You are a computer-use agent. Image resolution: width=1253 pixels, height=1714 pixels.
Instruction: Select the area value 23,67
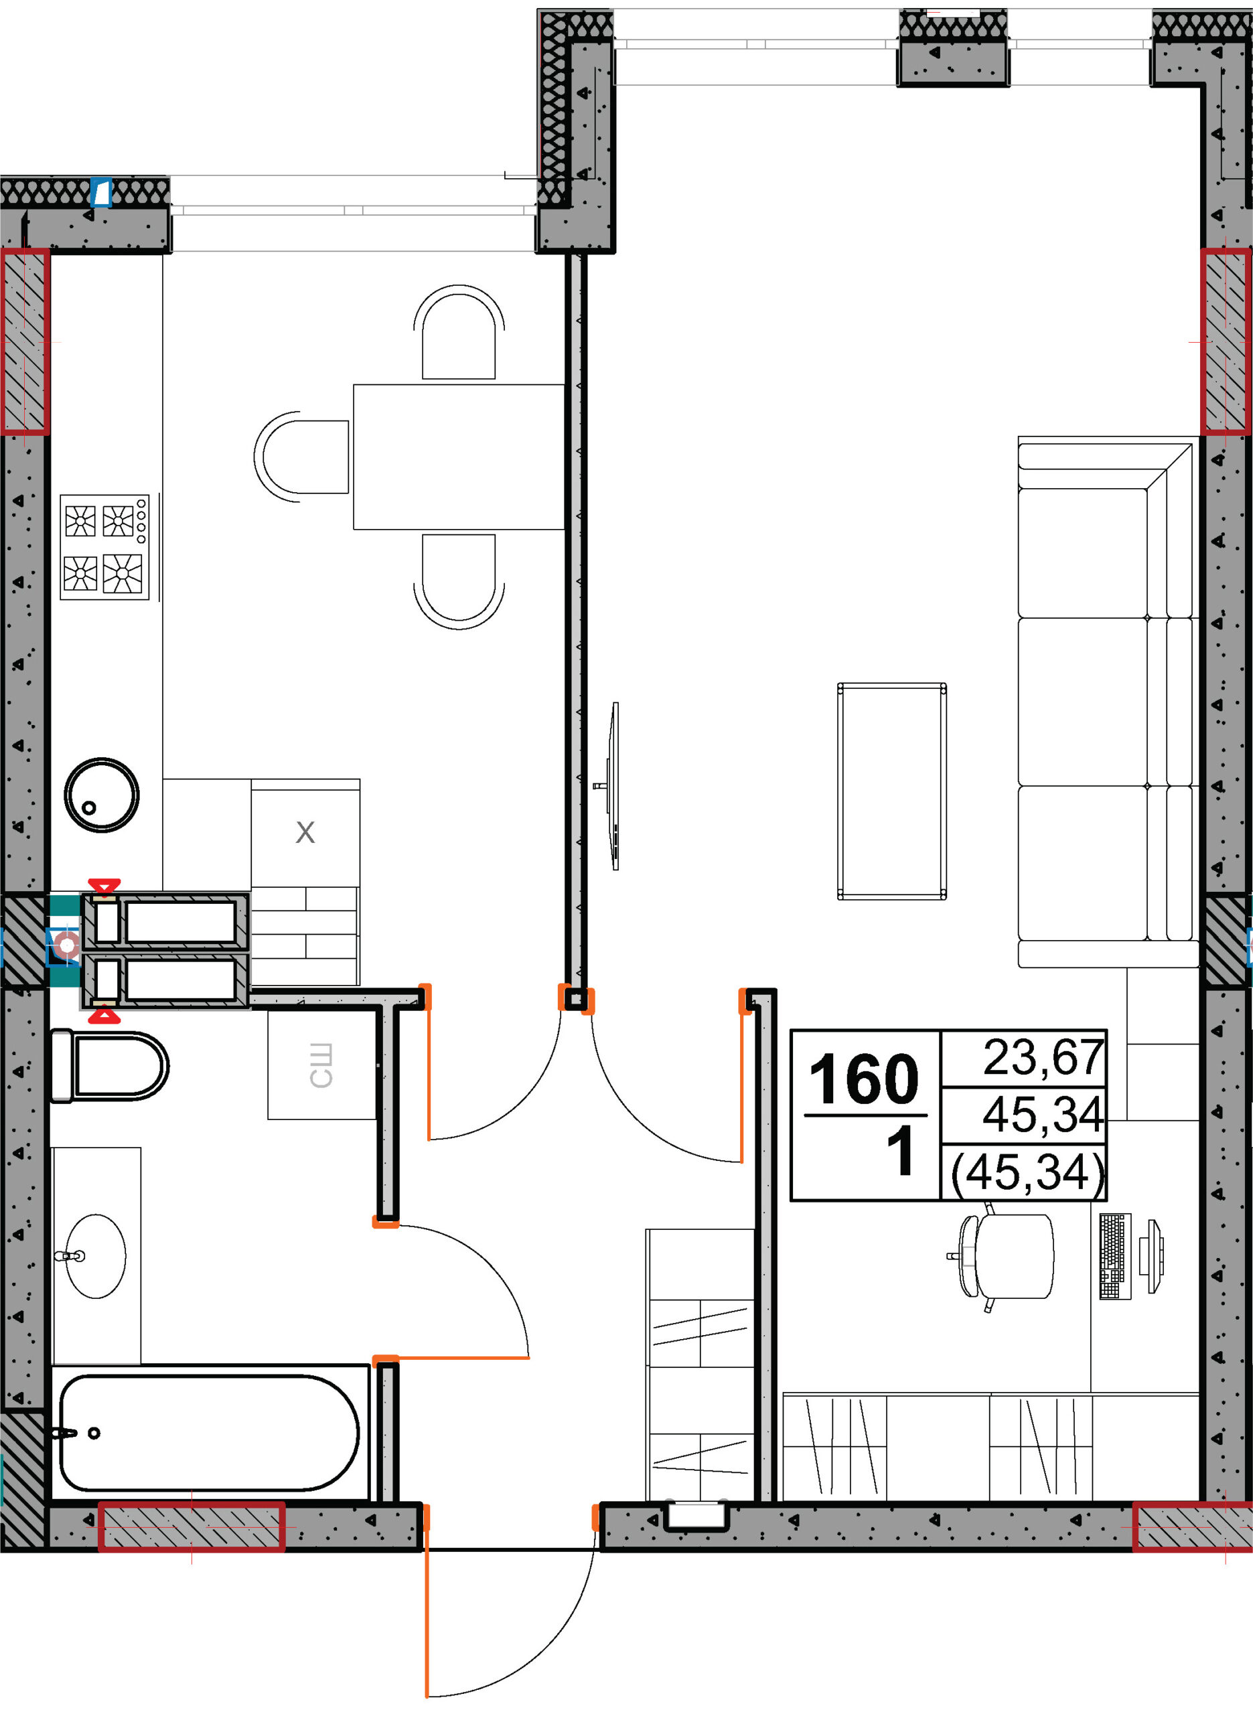pos(1043,1057)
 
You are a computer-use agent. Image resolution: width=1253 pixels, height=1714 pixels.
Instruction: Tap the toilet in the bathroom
pos(109,1065)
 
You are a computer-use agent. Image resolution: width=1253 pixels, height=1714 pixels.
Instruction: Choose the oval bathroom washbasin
pos(96,1256)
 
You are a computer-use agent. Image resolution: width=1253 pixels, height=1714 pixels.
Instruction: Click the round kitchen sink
pos(102,795)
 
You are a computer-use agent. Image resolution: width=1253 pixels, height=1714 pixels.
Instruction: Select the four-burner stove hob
pos(104,546)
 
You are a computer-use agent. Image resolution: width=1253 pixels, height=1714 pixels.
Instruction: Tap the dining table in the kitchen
pos(459,457)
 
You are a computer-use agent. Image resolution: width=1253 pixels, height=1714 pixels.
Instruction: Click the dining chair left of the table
pos(301,457)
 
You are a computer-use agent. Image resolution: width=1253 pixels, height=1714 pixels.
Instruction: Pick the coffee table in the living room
pos(892,791)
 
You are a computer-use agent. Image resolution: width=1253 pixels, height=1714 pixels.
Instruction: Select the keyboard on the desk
pos(1115,1256)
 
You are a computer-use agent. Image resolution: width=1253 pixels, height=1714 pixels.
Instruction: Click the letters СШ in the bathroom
pos(321,1065)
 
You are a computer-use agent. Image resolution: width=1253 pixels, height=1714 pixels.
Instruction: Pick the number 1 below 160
pos(900,1151)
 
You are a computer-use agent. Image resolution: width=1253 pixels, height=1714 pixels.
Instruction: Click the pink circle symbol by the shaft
pos(68,945)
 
